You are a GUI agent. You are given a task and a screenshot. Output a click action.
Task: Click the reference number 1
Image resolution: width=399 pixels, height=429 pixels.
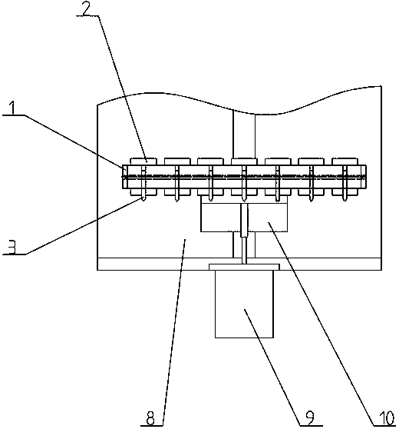(12, 108)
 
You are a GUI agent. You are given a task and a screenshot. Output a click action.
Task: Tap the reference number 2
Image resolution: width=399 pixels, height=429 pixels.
(86, 9)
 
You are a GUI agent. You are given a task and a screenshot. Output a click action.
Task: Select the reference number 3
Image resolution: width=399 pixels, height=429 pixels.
(12, 247)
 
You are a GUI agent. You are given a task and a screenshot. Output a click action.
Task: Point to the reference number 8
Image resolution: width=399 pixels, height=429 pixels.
(150, 417)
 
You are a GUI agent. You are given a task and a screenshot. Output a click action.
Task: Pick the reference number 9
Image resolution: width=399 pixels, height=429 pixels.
(310, 417)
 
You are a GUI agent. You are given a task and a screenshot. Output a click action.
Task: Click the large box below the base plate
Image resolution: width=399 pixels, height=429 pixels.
(244, 304)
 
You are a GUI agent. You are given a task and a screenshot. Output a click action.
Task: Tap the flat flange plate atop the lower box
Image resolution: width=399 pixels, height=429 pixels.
(244, 267)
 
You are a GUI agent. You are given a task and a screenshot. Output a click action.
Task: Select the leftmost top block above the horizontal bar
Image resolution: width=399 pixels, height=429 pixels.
(143, 161)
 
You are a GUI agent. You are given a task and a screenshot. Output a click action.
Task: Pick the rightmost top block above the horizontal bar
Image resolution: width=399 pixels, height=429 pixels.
(345, 161)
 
